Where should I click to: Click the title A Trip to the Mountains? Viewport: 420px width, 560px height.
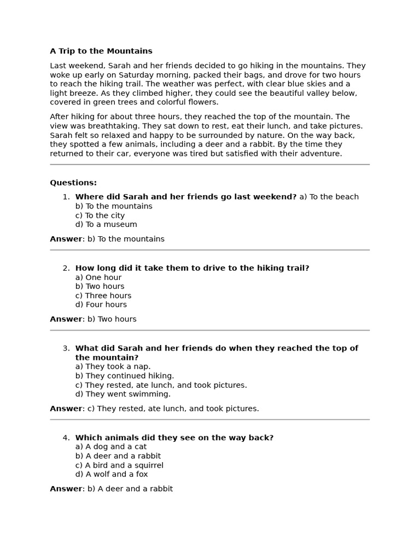click(x=101, y=51)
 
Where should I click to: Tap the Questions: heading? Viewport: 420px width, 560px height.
click(x=73, y=183)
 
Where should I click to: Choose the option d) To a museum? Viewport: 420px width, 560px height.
click(x=106, y=224)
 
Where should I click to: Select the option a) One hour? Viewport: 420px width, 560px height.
click(x=98, y=277)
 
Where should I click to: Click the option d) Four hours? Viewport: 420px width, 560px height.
click(x=101, y=305)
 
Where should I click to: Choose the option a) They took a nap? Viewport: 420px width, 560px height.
click(x=113, y=366)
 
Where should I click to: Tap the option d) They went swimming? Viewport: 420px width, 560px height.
click(x=123, y=394)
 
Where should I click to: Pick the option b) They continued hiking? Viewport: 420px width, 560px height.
click(x=125, y=376)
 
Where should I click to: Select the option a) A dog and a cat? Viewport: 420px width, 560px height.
click(x=111, y=447)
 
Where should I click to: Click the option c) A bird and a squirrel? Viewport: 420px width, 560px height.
click(x=119, y=465)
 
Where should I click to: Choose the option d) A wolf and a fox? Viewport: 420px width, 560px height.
click(x=112, y=474)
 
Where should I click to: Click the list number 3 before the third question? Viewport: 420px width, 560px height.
click(x=66, y=348)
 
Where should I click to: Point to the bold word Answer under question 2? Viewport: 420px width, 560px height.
click(x=66, y=319)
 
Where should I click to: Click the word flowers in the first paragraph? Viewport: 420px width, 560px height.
click(x=202, y=102)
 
